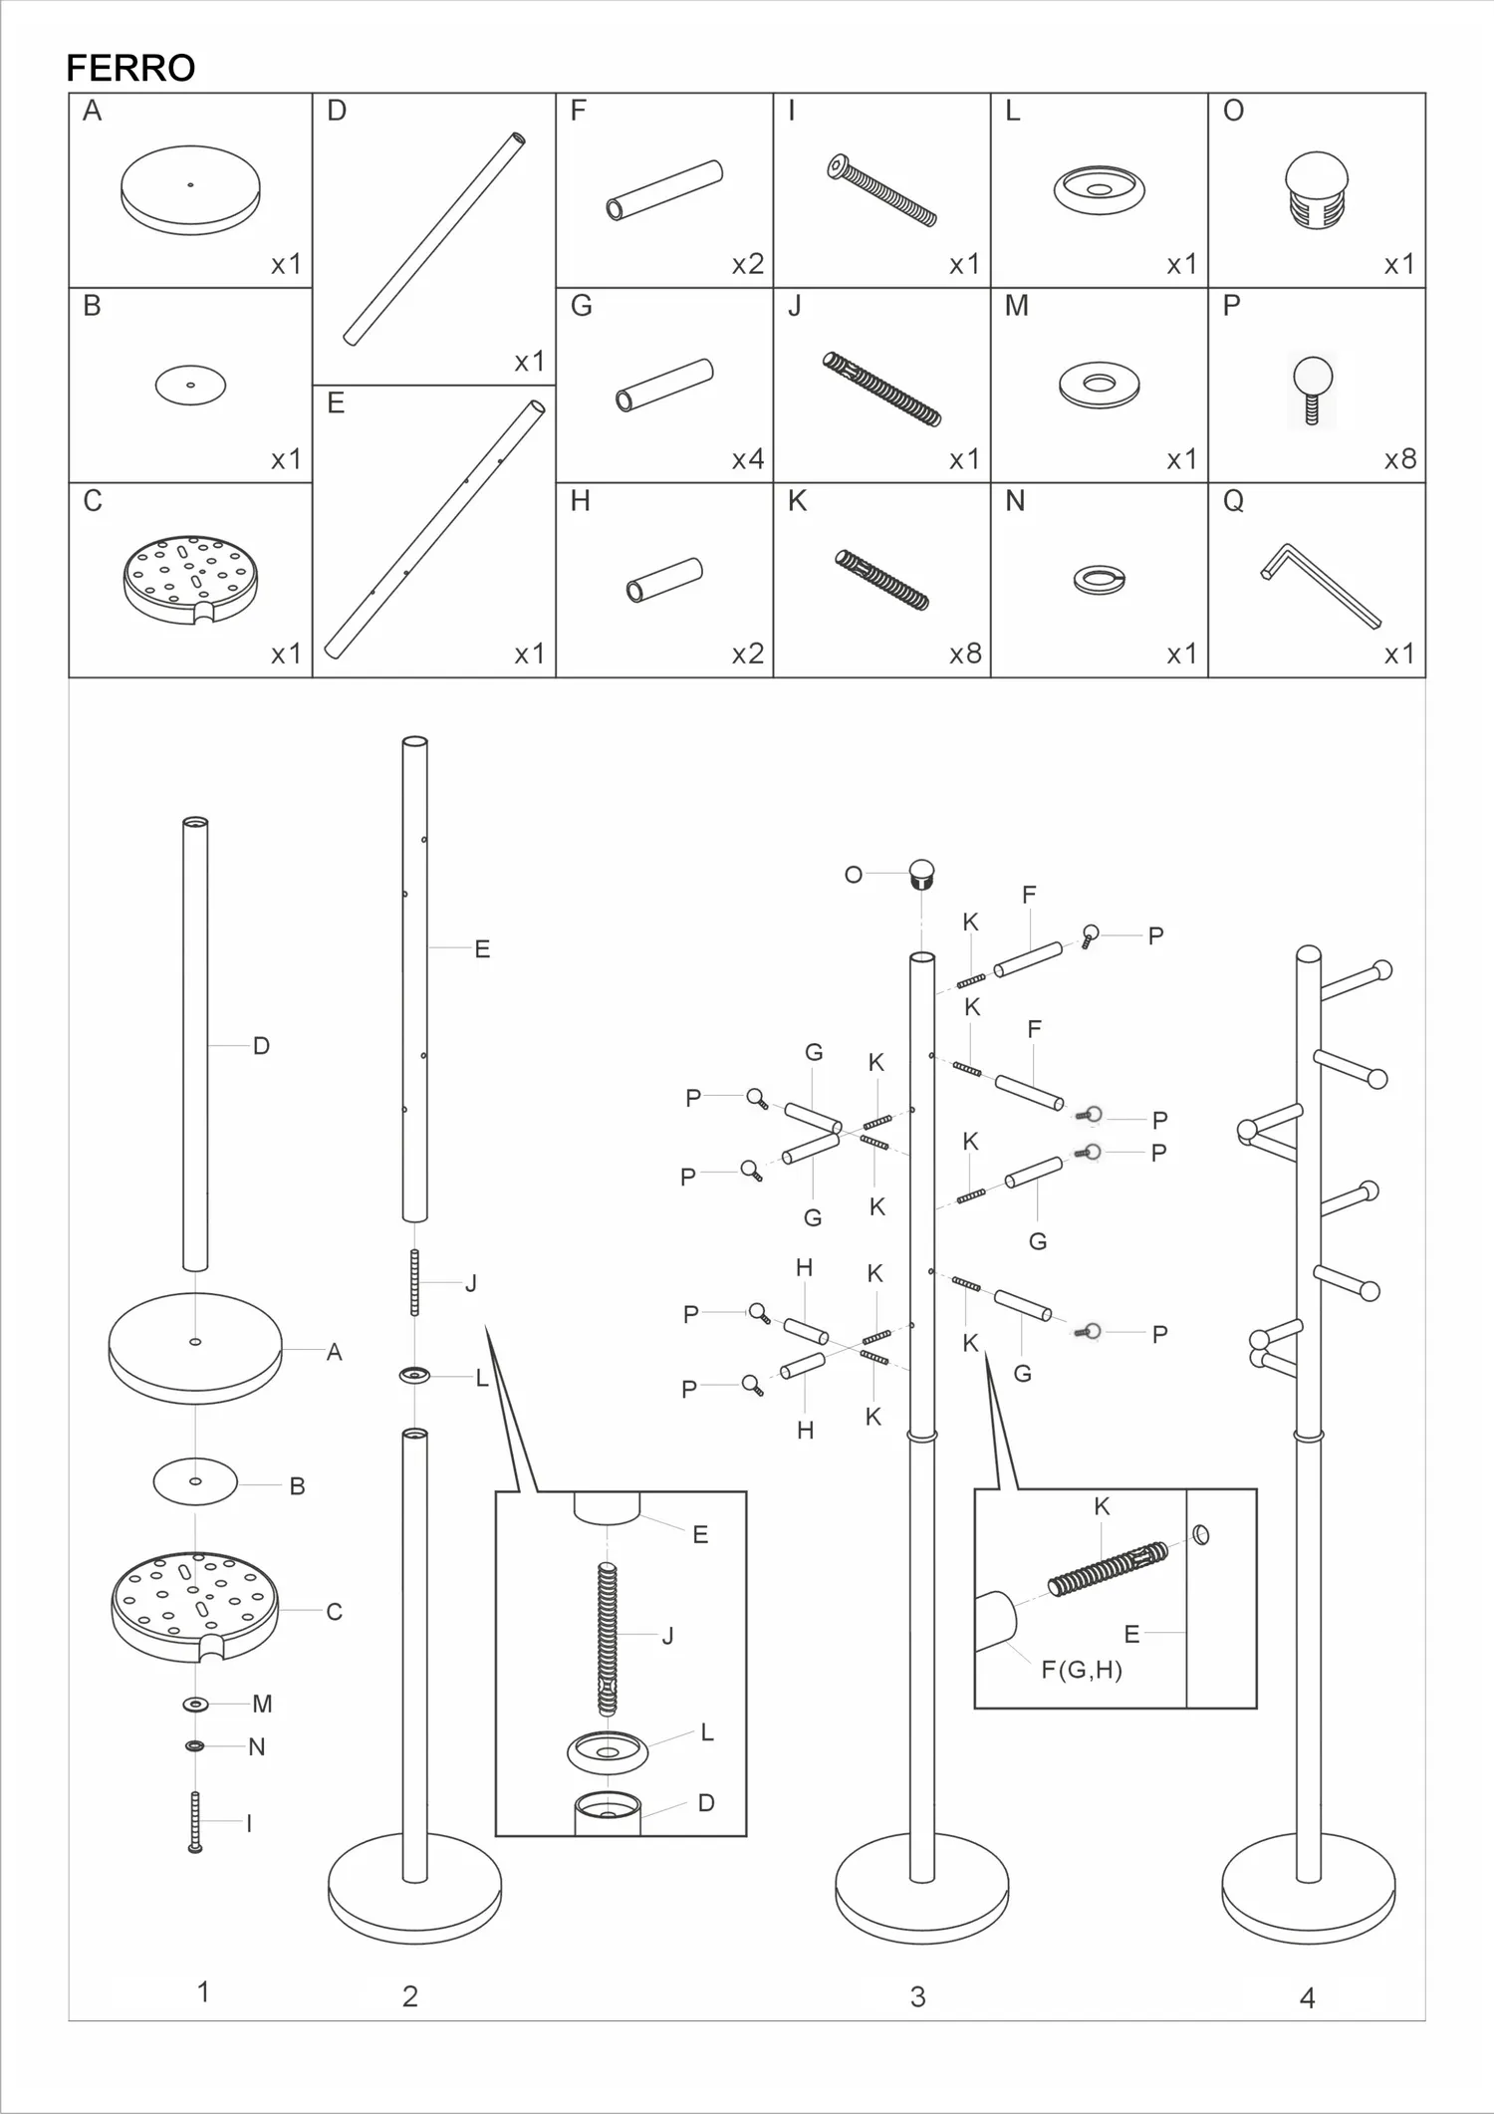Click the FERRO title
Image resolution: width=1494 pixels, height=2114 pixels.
(x=130, y=68)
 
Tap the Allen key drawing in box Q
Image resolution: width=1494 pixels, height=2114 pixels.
(x=1320, y=587)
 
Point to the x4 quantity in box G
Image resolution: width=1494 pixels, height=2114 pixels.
(x=748, y=459)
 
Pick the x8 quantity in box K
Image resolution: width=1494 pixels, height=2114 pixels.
(x=965, y=654)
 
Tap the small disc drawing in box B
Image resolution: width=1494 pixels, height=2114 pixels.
(x=190, y=385)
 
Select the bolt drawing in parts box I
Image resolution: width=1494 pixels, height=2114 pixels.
(x=881, y=190)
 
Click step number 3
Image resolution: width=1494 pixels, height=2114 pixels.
(x=917, y=1996)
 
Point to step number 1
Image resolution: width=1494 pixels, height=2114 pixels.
(x=203, y=1991)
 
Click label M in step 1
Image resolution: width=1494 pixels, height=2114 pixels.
(x=262, y=1704)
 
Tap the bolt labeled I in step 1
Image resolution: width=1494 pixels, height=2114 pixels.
(x=195, y=1822)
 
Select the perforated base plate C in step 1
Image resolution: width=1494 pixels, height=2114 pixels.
(x=195, y=1606)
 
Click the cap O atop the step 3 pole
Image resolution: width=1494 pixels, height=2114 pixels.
(x=923, y=874)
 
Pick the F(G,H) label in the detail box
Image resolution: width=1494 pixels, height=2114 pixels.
(x=1082, y=1670)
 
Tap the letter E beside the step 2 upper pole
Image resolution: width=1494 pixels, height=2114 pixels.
(x=482, y=949)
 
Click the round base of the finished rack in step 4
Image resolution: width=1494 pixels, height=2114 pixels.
(x=1308, y=1889)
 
